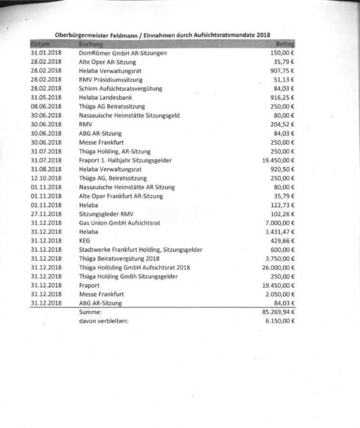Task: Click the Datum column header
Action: [40, 44]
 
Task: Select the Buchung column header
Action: [91, 44]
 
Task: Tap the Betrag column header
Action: [285, 44]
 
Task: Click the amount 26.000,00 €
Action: [278, 267]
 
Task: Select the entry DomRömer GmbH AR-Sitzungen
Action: [123, 53]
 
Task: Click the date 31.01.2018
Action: [46, 53]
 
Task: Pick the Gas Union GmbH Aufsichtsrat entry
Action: [119, 223]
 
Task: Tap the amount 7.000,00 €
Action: [280, 223]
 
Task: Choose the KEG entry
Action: [84, 241]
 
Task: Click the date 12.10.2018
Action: [46, 178]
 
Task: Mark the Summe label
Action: [90, 312]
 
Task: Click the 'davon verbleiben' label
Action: [104, 321]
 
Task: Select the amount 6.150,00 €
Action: [280, 321]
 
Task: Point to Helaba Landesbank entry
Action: [105, 98]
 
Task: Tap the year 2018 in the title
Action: [263, 35]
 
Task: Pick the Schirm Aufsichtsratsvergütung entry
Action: [120, 89]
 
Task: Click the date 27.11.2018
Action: [46, 214]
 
